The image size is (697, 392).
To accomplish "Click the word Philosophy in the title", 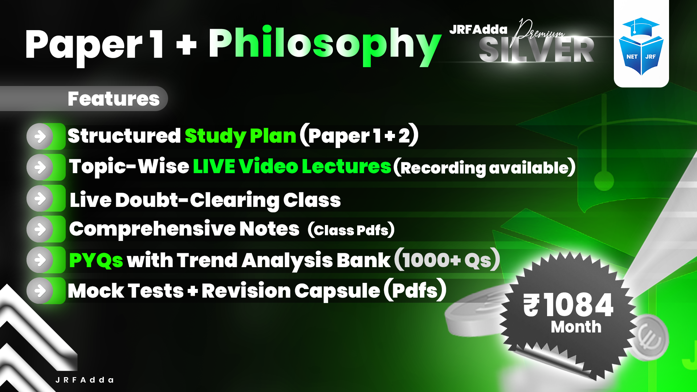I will (324, 44).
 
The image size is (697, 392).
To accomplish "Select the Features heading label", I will (113, 99).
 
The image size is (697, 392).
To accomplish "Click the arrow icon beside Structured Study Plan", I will (40, 137).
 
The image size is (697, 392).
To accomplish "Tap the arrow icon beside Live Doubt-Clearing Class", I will (40, 199).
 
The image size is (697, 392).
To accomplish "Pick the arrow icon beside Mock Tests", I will (40, 291).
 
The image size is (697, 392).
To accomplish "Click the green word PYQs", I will (96, 260).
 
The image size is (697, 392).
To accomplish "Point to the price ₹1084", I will (568, 305).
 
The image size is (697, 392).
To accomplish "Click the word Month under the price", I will (576, 327).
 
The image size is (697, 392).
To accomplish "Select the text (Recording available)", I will (485, 167).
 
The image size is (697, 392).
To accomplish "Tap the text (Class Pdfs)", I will (351, 230).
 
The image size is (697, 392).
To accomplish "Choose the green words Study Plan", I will (240, 136).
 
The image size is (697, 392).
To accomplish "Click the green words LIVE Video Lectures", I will (292, 167).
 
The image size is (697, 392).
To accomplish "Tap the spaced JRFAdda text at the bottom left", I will (85, 380).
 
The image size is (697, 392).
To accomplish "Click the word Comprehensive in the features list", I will (152, 229).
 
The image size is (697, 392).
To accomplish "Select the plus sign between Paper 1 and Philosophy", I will (186, 45).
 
